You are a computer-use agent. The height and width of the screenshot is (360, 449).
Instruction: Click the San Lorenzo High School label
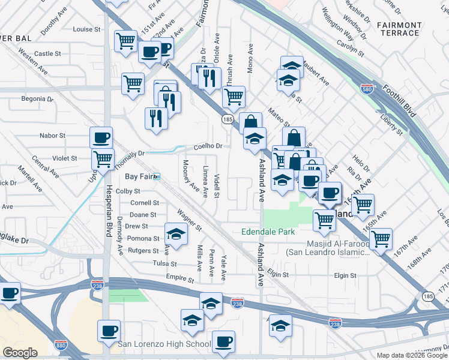pos(163,344)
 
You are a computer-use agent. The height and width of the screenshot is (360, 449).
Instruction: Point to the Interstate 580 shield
pos(366,89)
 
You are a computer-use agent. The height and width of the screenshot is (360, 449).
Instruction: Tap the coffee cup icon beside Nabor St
pos(101,137)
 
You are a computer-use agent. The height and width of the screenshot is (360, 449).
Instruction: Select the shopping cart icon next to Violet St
pos(103,159)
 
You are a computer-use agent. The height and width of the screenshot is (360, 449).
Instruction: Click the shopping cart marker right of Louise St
pos(125,41)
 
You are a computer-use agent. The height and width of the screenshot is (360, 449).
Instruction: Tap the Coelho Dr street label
pos(208,146)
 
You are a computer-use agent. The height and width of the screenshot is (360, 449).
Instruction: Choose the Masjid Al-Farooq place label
pos(328,247)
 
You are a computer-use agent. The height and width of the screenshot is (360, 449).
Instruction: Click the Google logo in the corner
pos(20,353)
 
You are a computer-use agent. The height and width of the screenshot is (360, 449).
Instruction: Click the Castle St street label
pos(47,53)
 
